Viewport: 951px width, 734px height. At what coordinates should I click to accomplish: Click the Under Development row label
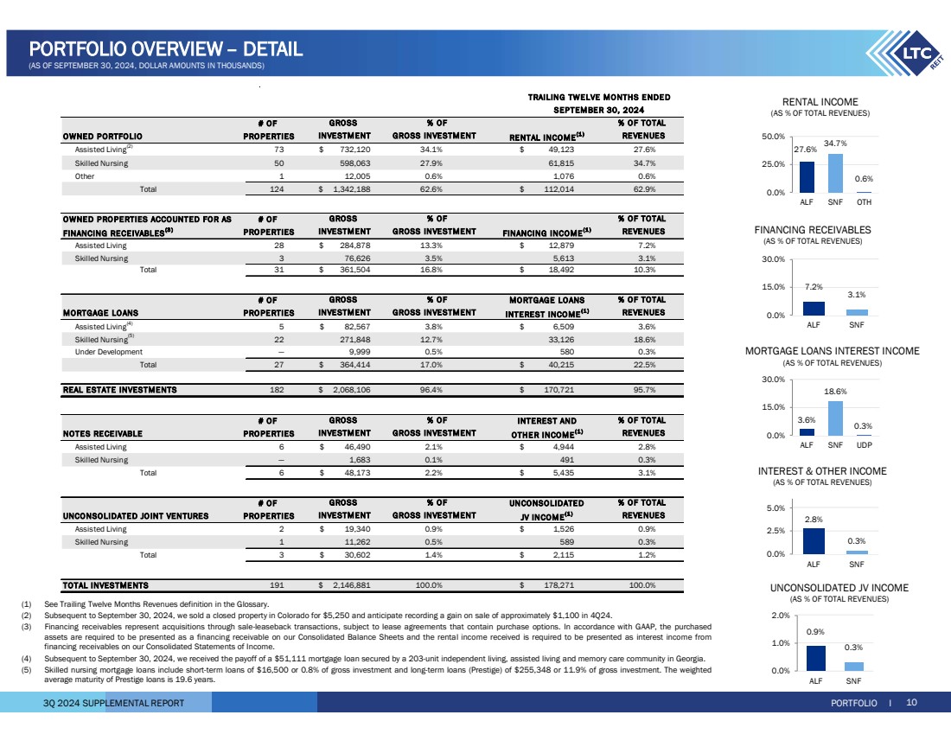[x=103, y=352]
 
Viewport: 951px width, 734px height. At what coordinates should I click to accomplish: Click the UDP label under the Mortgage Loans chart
[x=864, y=445]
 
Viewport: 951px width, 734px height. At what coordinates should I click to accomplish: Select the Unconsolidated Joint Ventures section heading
[x=136, y=516]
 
